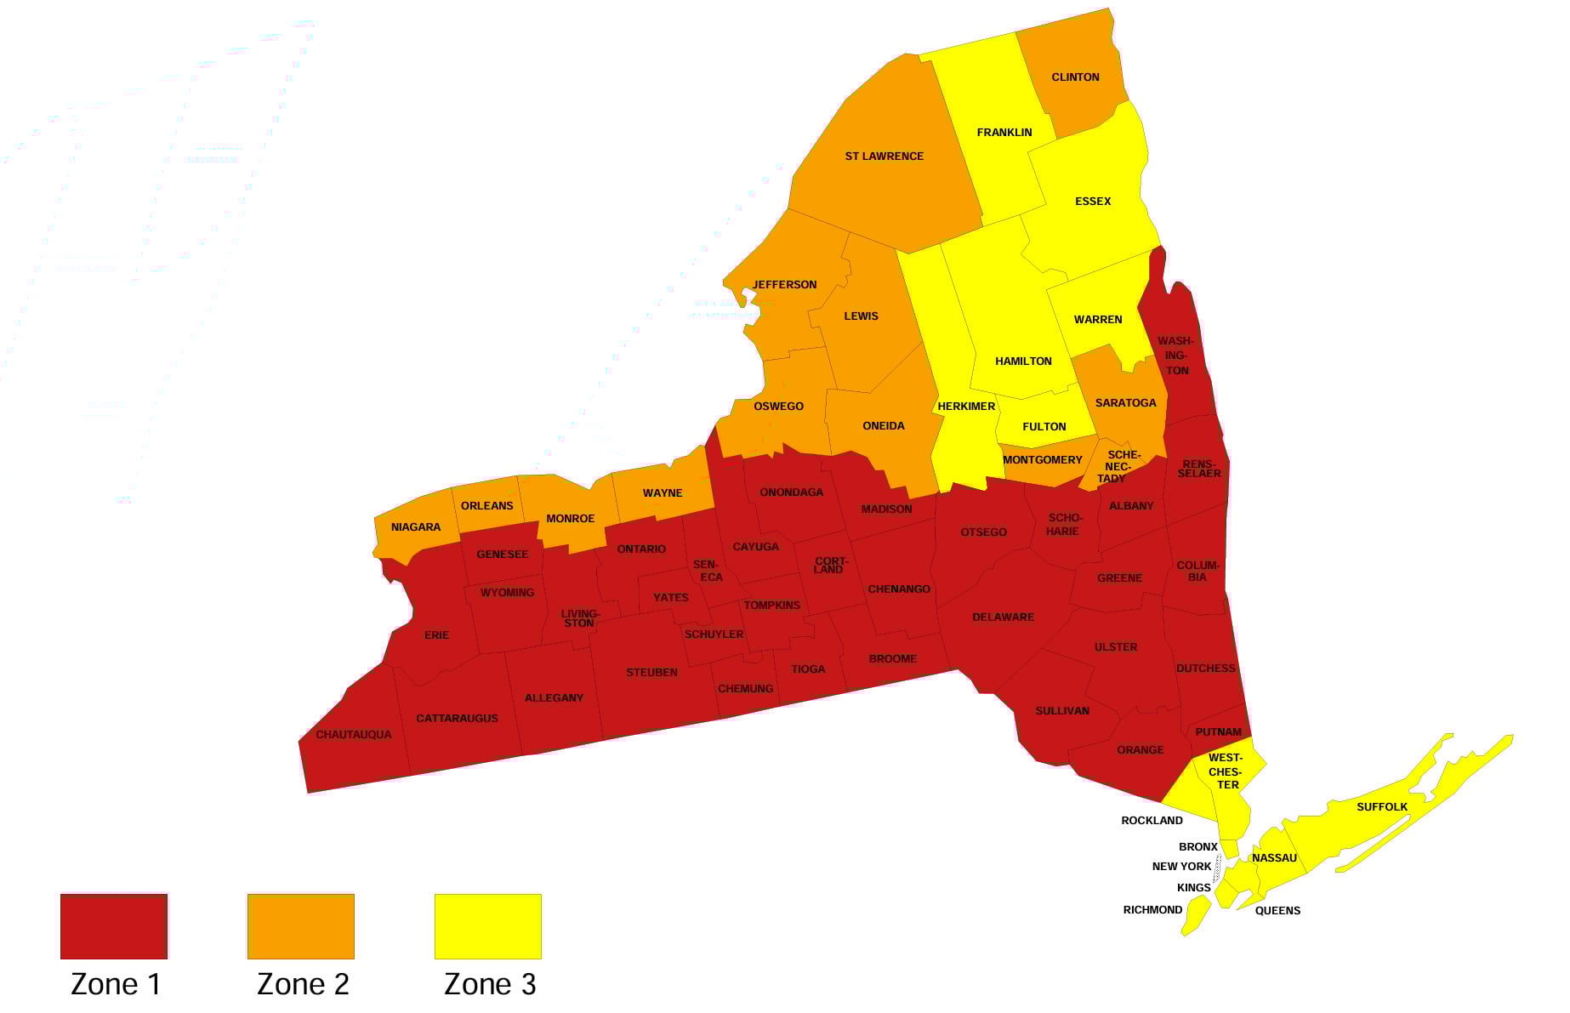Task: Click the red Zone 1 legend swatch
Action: pos(114,926)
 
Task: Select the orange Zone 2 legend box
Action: pos(301,926)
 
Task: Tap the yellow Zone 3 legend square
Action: pos(488,926)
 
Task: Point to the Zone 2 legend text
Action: pos(303,984)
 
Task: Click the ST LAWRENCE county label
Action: pos(884,157)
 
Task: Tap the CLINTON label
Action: pos(1075,77)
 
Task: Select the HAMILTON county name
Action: pos(1023,361)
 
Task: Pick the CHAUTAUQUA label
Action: pos(354,735)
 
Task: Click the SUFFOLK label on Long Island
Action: pos(1382,807)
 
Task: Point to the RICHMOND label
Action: pos(1152,910)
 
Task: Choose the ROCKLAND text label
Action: pos(1152,821)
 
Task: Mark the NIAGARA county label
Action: pos(416,527)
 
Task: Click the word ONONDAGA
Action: pos(791,492)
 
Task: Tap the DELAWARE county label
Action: pos(1003,617)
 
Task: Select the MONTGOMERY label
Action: pos(1043,460)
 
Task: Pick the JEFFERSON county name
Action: pos(784,285)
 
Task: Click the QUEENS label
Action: pos(1277,911)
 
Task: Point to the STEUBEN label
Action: pos(651,673)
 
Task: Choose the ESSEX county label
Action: pos(1093,202)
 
